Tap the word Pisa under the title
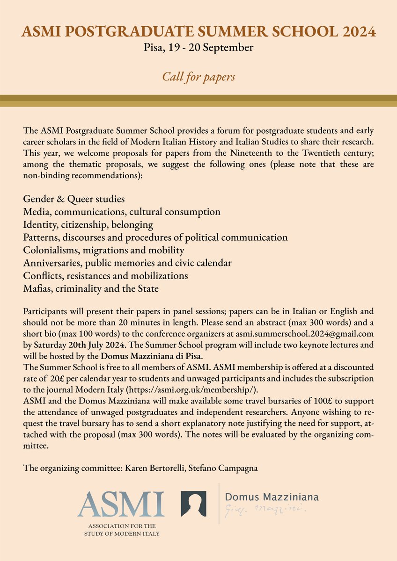coord(153,47)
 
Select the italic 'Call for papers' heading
coord(198,76)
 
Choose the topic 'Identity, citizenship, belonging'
coord(88,224)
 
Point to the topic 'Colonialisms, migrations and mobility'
coord(103,250)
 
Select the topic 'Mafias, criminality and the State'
coord(91,288)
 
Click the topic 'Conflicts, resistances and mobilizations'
coord(105,276)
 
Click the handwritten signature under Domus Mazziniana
coord(265,509)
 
